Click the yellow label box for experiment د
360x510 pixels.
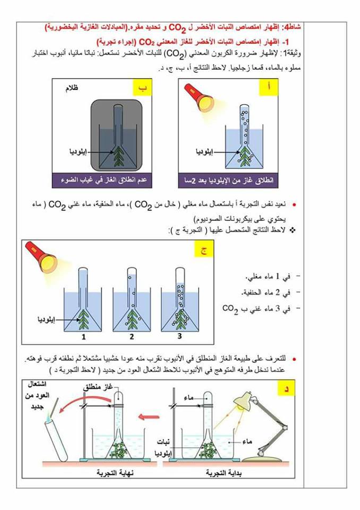[x=287, y=389]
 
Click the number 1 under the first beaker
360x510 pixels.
[x=83, y=337]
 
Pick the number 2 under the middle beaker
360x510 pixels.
[x=131, y=337]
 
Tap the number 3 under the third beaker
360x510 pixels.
[x=179, y=337]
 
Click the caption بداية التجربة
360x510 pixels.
[x=221, y=472]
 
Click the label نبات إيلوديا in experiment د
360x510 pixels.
[x=161, y=447]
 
